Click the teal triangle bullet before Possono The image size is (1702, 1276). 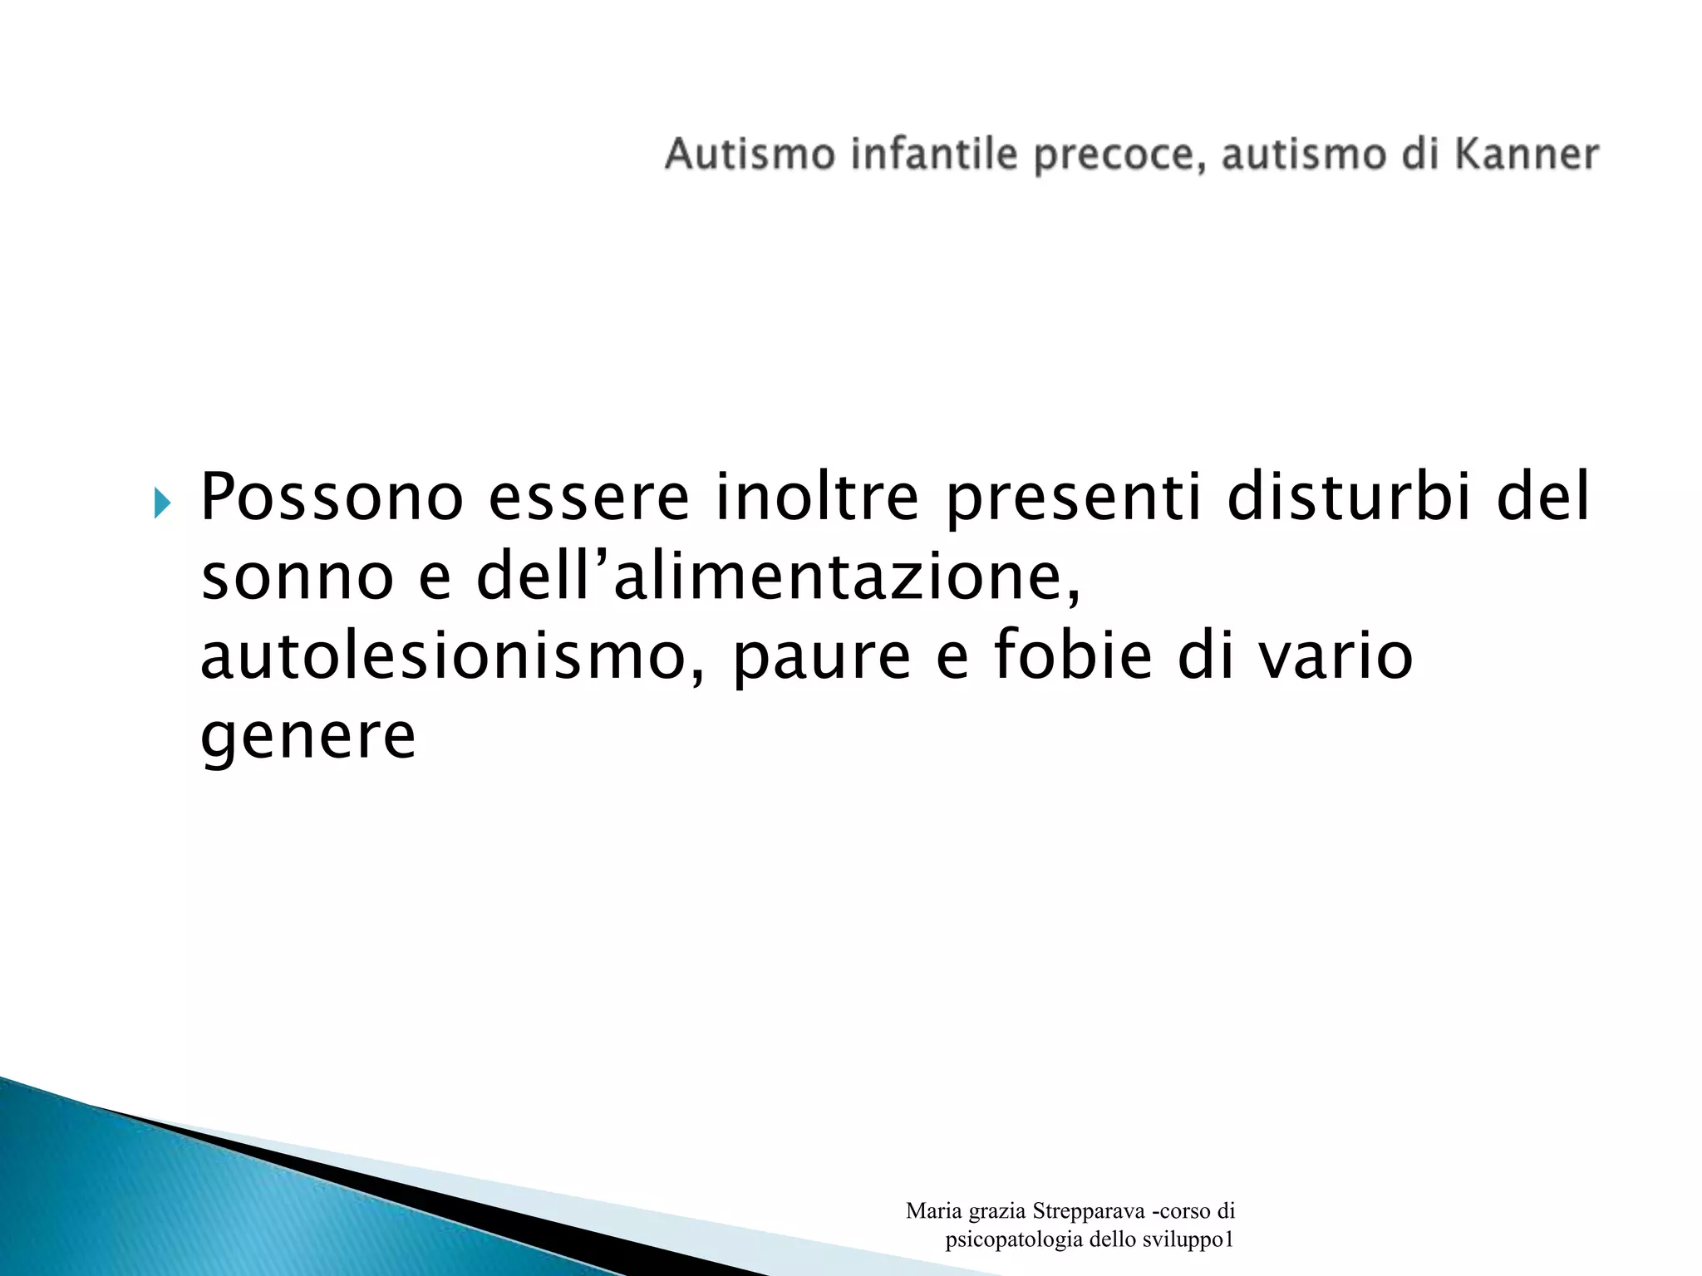coord(162,503)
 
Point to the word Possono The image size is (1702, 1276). coord(332,498)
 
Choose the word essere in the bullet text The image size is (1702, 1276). coord(588,498)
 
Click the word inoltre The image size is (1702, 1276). coord(817,498)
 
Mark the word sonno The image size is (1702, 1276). coord(298,579)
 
